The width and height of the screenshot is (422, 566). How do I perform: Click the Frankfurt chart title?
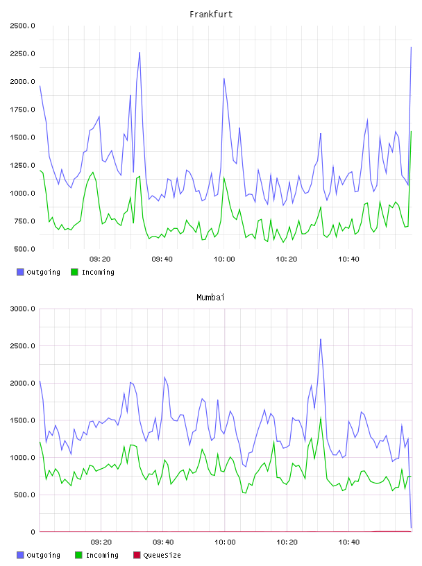[x=211, y=15]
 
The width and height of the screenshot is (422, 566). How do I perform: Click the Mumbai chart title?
[x=210, y=298]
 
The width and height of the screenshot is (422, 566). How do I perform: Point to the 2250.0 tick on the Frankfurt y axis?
[x=22, y=54]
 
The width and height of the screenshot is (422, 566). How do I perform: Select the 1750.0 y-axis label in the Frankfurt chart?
[x=22, y=110]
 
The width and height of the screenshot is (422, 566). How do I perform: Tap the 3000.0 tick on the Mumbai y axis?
[x=22, y=309]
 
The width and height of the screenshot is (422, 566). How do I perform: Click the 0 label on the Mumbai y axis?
[x=33, y=532]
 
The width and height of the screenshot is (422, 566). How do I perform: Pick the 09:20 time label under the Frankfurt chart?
[x=100, y=259]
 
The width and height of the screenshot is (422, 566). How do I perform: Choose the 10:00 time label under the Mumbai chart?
[x=225, y=542]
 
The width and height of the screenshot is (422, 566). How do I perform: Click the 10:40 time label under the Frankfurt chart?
[x=348, y=259]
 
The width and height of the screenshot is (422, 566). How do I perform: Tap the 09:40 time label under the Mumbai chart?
[x=163, y=542]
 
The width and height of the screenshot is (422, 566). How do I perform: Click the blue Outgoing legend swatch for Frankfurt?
[x=20, y=272]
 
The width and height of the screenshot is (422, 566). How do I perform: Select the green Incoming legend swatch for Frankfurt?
[x=74, y=272]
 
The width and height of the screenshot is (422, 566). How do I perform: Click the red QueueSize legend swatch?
[x=137, y=555]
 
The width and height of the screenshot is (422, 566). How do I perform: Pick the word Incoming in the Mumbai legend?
[x=102, y=555]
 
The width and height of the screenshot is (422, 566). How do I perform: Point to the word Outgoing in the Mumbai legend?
[x=43, y=555]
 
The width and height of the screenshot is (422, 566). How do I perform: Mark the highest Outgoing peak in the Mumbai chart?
[x=321, y=339]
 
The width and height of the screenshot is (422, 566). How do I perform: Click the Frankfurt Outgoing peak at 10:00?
[x=224, y=78]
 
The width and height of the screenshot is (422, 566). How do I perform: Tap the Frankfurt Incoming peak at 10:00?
[x=224, y=178]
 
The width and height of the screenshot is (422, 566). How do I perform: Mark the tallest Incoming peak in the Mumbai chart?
[x=321, y=418]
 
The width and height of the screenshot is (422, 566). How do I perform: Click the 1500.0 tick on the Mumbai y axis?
[x=22, y=420]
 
